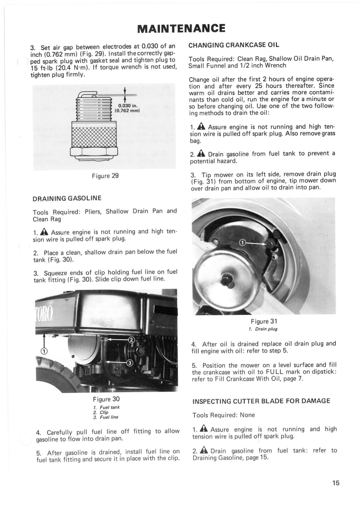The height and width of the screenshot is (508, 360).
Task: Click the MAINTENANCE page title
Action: [x=181, y=28]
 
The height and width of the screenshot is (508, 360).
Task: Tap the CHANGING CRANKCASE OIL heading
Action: [x=234, y=45]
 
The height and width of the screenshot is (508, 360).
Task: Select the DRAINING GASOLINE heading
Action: [x=67, y=198]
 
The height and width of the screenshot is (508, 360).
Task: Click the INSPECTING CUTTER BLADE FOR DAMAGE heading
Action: [x=262, y=401]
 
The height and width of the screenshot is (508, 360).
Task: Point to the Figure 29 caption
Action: [x=105, y=176]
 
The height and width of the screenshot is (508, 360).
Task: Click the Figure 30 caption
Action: [x=106, y=399]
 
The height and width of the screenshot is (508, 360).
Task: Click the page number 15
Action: [x=336, y=483]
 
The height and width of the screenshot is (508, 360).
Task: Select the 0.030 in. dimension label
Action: [x=127, y=106]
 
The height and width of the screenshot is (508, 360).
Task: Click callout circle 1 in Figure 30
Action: [x=44, y=351]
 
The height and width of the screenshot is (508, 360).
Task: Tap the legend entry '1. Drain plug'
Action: [x=263, y=329]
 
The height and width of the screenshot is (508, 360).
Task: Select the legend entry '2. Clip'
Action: [x=101, y=412]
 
